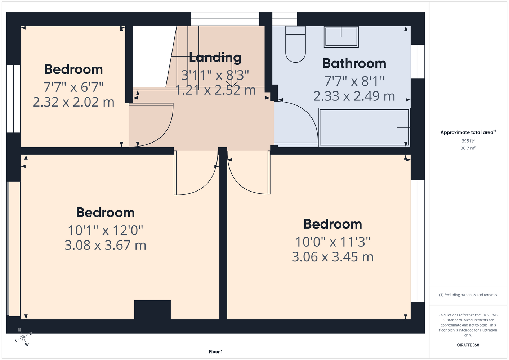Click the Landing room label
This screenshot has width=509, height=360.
tap(215, 58)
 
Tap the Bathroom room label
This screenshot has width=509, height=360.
tap(354, 63)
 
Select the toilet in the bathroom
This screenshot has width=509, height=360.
tap(295, 44)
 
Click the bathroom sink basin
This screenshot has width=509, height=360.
tap(341, 37)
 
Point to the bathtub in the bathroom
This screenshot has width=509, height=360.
tap(364, 127)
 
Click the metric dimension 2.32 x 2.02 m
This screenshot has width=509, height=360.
tap(73, 102)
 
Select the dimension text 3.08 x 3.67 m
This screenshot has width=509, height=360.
tap(105, 245)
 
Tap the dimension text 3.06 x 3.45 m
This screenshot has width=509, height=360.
tap(332, 257)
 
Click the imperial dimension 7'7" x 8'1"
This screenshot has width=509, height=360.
tap(354, 81)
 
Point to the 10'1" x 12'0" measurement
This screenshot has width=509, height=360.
tap(105, 230)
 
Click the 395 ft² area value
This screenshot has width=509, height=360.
tap(468, 141)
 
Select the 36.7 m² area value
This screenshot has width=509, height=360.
tap(468, 148)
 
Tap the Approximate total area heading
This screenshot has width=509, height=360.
tap(468, 132)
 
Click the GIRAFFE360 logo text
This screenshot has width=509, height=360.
tap(468, 345)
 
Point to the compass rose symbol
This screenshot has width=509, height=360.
tap(23, 338)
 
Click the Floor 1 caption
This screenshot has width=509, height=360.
tap(216, 352)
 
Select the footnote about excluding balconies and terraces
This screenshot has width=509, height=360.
tap(468, 295)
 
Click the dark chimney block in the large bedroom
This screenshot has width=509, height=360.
tap(152, 310)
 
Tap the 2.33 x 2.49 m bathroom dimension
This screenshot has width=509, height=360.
tap(354, 96)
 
